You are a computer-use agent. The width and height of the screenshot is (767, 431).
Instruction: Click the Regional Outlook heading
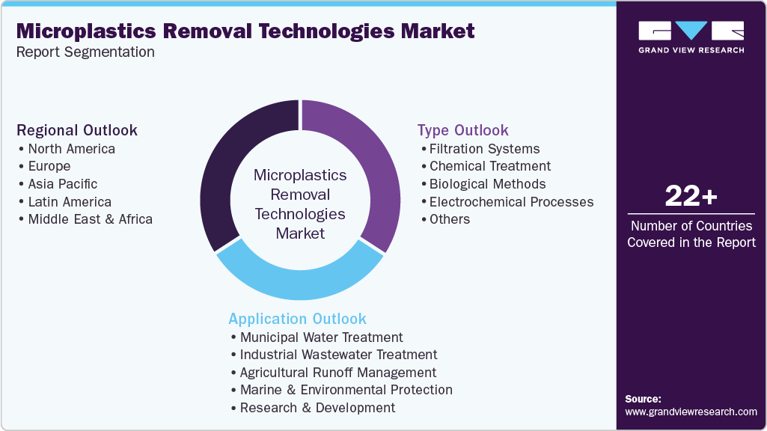click(77, 130)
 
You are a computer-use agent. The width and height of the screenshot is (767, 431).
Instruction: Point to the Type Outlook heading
click(462, 130)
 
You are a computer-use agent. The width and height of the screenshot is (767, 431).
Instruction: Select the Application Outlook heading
click(297, 319)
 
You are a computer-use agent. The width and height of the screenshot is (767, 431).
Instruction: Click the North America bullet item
click(71, 148)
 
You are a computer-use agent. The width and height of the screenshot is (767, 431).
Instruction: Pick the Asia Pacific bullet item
click(62, 184)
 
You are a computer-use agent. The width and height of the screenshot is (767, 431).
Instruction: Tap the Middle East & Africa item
click(90, 219)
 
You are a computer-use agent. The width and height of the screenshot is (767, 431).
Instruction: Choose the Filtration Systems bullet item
click(484, 148)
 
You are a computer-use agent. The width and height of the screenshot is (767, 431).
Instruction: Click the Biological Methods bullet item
click(487, 184)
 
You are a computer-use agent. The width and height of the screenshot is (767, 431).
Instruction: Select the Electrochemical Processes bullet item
click(511, 202)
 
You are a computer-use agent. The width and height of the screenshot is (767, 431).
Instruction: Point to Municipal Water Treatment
click(321, 337)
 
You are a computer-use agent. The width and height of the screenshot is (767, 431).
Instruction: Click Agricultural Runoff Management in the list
click(337, 373)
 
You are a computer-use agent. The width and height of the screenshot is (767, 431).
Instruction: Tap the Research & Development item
click(317, 408)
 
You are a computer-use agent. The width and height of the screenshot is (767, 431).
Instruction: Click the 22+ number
click(691, 197)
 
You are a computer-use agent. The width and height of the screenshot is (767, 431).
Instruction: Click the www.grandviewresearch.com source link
click(691, 412)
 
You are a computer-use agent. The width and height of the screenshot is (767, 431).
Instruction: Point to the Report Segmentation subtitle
click(85, 52)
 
